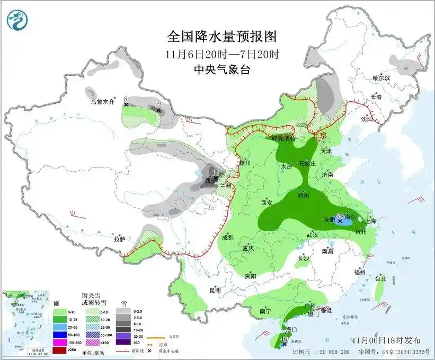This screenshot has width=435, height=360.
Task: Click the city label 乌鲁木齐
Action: coord(102,101)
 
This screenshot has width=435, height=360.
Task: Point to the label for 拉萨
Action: coord(119,239)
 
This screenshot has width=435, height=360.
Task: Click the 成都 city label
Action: coord(228,238)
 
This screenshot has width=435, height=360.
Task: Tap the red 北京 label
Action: coord(319,136)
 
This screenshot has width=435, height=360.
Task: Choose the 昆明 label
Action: coord(215,290)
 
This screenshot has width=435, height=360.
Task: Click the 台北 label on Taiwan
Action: coord(380,278)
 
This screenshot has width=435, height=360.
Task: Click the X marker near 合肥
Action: coord(340,221)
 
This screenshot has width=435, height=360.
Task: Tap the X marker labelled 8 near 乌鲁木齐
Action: coord(126,105)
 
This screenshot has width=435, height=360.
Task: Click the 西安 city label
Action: coord(267,203)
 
